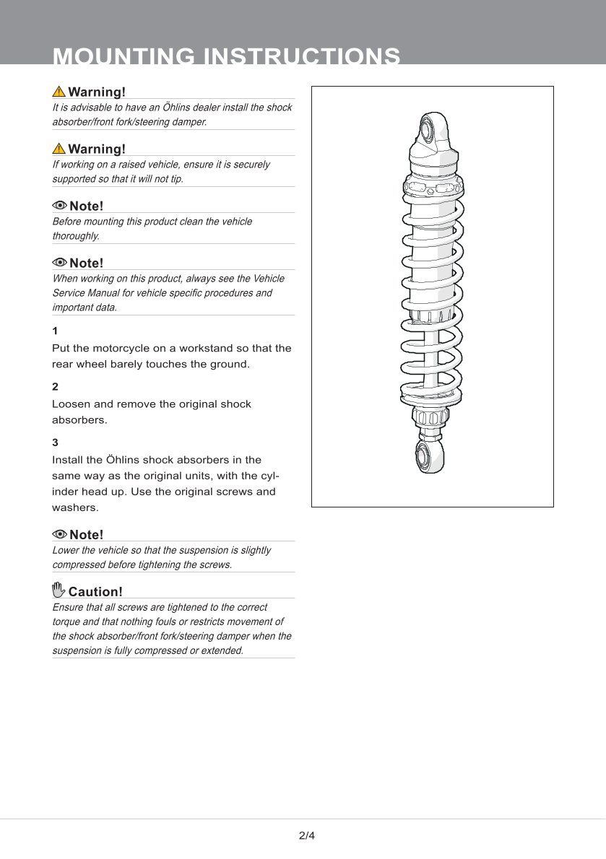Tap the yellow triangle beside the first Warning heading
tap(59, 92)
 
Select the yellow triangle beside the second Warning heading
tap(59, 149)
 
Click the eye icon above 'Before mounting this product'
tap(60, 206)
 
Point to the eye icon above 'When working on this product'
tap(60, 263)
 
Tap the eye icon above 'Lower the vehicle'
tap(60, 534)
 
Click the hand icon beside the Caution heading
tap(59, 590)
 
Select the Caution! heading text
tap(95, 592)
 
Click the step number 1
tap(55, 331)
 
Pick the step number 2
tap(55, 387)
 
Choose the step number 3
tap(55, 442)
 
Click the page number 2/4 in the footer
tap(307, 837)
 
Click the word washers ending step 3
tap(75, 507)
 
